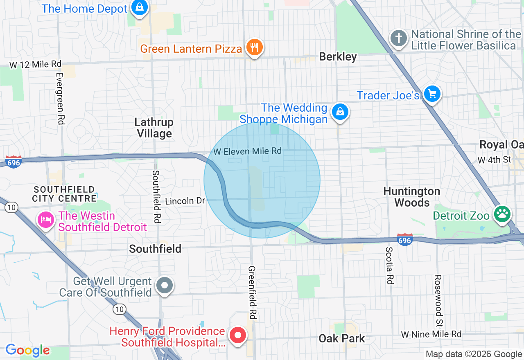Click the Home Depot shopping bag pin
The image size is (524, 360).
[x=140, y=7]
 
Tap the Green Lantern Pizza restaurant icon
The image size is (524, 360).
[x=254, y=48]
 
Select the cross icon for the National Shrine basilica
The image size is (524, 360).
[x=399, y=39]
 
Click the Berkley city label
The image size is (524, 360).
[x=338, y=57]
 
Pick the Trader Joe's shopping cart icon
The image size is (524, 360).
[x=432, y=94]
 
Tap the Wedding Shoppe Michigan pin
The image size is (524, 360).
[x=339, y=112]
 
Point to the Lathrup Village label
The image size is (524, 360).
[x=154, y=128]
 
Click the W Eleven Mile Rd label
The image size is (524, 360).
[x=247, y=151]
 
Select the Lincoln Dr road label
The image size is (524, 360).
[x=185, y=201]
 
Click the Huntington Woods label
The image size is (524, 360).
[x=412, y=197]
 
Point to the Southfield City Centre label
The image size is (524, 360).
[x=65, y=194]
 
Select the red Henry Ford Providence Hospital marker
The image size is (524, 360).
[x=237, y=335]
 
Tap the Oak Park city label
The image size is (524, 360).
[x=342, y=339]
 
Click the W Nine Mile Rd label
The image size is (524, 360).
[x=431, y=334]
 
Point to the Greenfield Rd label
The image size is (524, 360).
[x=252, y=292]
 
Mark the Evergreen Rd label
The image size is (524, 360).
[x=60, y=99]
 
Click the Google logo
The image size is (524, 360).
[x=27, y=351]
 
